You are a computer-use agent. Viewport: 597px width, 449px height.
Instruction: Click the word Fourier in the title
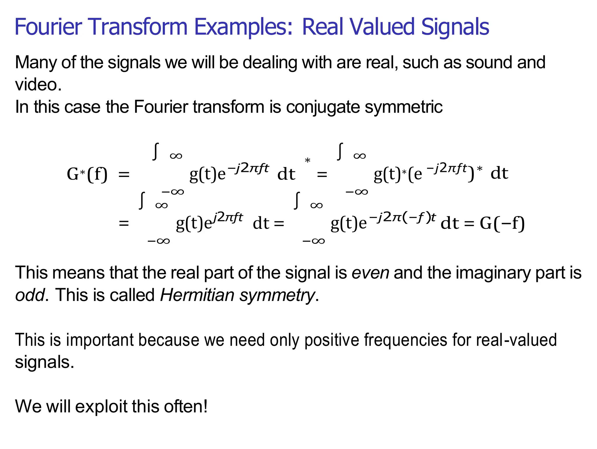48,27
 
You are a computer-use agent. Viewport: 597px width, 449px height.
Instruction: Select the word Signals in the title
455,27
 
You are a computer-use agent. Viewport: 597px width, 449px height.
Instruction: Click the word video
38,85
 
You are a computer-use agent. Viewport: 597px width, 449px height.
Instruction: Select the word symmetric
404,107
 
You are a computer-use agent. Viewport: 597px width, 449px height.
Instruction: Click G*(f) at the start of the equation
87,174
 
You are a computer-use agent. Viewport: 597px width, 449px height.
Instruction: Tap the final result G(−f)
502,223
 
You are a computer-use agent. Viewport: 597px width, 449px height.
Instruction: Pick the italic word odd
30,295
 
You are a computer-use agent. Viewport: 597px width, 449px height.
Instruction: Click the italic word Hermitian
197,295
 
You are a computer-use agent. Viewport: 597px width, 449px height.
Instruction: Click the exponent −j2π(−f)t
402,217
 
